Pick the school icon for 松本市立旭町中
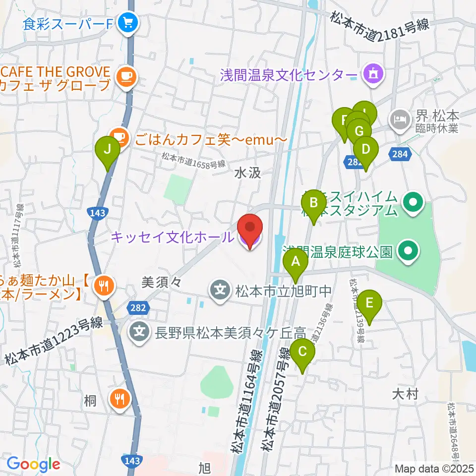pyautogui.click(x=220, y=288)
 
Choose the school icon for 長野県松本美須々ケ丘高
pyautogui.click(x=140, y=329)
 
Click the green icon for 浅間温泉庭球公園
pyautogui.click(x=409, y=251)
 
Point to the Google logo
pyautogui.click(x=33, y=464)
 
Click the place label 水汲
pyautogui.click(x=247, y=173)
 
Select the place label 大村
pyautogui.click(x=405, y=395)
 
